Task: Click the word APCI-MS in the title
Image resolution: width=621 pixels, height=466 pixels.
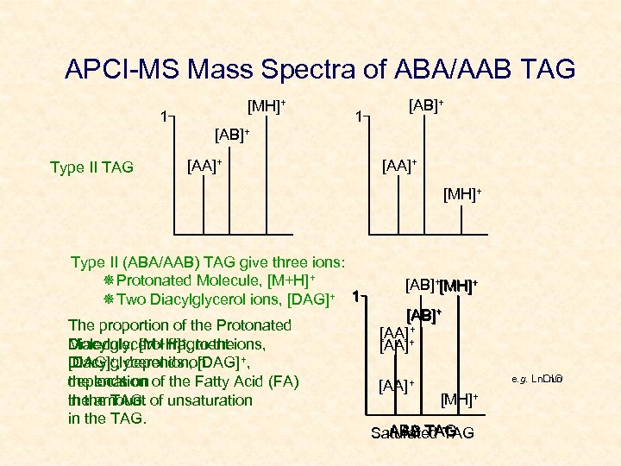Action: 120,70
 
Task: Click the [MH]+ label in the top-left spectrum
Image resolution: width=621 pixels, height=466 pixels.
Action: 267,107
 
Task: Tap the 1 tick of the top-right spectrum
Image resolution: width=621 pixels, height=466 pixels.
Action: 362,116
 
